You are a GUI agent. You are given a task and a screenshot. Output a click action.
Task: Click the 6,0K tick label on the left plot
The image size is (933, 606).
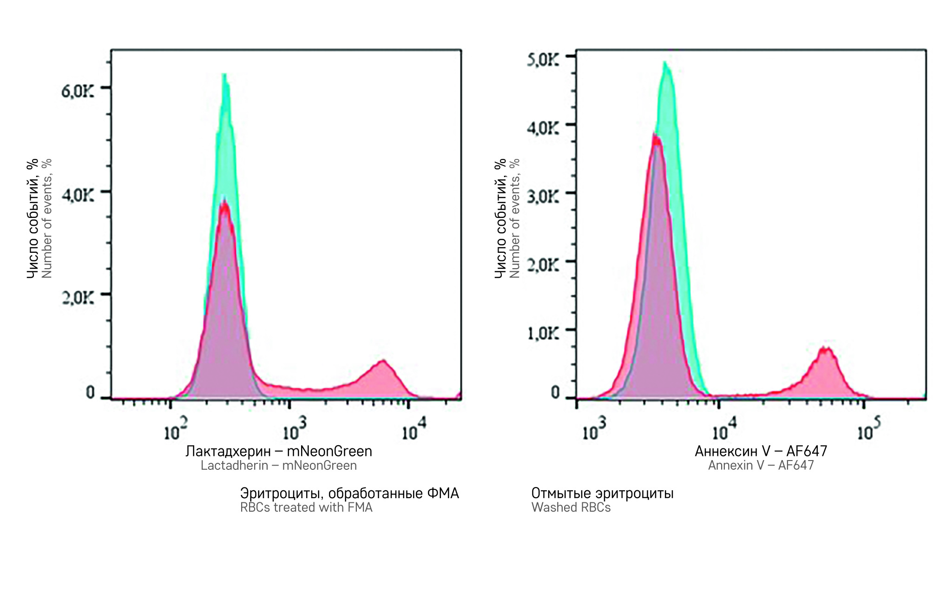click(78, 91)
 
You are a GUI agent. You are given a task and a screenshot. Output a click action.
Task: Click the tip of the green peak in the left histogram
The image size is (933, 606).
click(224, 75)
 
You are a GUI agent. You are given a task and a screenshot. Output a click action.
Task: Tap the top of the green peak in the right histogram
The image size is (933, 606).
click(665, 63)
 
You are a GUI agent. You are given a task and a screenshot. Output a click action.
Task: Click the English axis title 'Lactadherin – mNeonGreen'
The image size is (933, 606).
click(279, 466)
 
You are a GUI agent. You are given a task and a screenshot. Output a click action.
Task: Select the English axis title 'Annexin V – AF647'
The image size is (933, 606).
click(761, 466)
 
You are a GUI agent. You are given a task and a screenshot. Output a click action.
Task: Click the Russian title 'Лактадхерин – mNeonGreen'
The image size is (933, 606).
click(279, 451)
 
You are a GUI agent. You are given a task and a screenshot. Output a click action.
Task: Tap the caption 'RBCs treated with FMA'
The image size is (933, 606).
click(306, 507)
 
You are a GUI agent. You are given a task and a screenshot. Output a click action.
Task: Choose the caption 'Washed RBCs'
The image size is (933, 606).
click(571, 507)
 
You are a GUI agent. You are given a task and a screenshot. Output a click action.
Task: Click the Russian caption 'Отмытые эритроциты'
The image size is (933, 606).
click(602, 493)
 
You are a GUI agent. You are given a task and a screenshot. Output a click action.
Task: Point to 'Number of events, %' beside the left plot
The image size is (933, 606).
click(46, 218)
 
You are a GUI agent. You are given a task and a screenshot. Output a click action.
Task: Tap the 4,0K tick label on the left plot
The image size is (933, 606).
click(78, 195)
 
